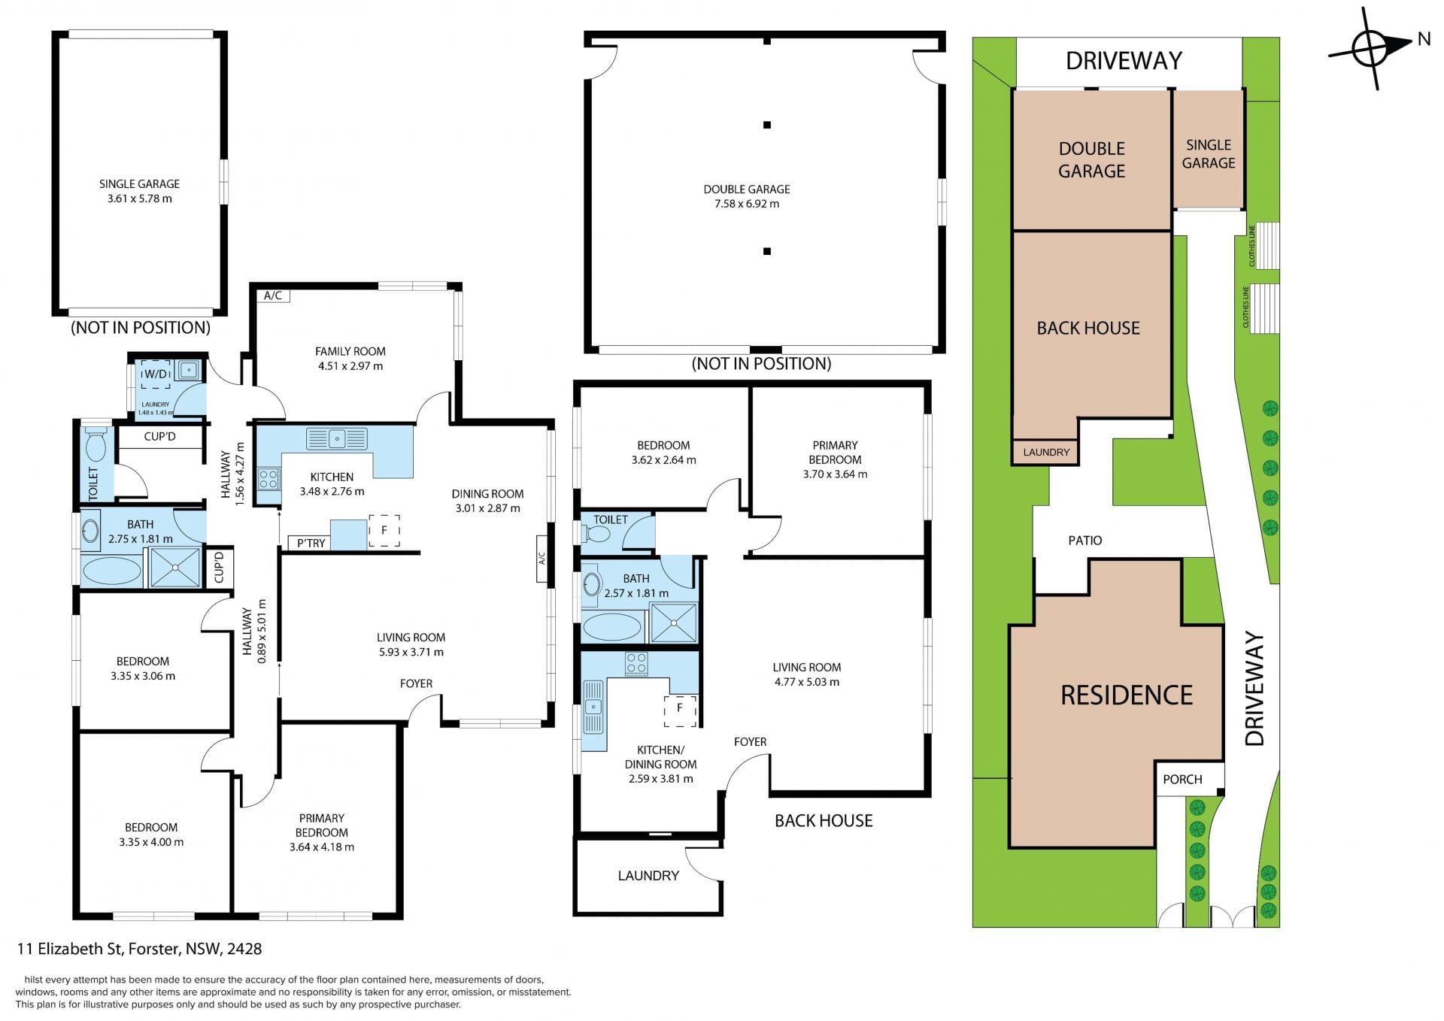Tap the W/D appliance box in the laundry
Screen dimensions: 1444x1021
pos(156,374)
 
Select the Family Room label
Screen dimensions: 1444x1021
pos(350,351)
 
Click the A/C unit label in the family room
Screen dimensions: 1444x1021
pos(273,295)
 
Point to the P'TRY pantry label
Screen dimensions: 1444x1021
pos(311,543)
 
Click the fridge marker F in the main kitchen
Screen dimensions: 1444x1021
pos(384,531)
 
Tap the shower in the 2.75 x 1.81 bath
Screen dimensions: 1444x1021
pos(175,567)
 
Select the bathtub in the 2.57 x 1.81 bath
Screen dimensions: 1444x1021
pos(612,626)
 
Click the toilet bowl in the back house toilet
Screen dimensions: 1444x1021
pos(599,534)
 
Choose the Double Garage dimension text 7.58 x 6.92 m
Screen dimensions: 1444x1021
pos(746,204)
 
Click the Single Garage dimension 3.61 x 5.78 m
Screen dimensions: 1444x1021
pos(139,198)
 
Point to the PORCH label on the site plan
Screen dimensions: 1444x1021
pos(1182,779)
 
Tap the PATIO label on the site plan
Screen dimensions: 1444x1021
pos(1085,540)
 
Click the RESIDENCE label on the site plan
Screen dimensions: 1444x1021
pos(1127,695)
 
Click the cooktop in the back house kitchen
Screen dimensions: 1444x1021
pos(636,664)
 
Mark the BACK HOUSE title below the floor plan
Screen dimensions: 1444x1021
pos(824,820)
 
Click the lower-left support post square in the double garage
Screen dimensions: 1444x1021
pos(766,251)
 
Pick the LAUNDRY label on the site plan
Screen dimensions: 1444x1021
pos(1046,452)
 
